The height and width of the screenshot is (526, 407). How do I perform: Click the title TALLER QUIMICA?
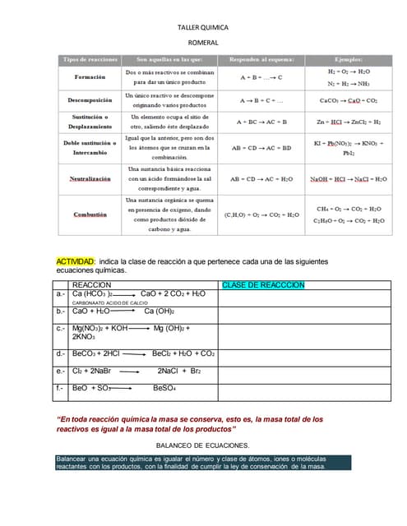point(203,28)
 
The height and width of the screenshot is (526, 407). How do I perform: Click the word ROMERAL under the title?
point(203,41)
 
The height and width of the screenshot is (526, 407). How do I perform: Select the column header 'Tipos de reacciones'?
point(90,60)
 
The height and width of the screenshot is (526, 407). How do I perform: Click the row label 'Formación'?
point(90,77)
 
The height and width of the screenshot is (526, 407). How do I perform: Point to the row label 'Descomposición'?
point(90,100)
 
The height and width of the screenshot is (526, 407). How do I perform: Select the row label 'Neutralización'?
point(90,178)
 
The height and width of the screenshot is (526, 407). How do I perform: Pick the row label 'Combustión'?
point(90,214)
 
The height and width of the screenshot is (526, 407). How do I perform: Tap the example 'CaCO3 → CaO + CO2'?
point(348,100)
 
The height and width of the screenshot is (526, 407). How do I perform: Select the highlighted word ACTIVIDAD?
point(76,261)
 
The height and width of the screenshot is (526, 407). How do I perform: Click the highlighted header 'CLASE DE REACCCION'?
point(263,284)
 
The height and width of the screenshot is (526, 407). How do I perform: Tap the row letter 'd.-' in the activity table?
point(61,353)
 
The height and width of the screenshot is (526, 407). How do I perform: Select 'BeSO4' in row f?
point(168,387)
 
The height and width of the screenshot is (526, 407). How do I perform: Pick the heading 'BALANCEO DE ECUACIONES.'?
point(202,445)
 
